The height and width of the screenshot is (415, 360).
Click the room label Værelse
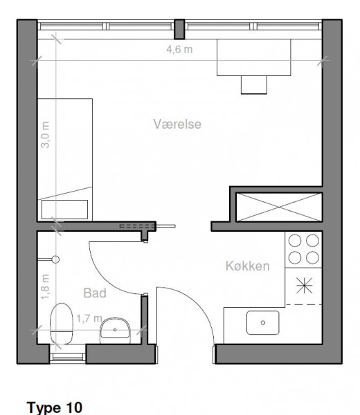click(x=177, y=124)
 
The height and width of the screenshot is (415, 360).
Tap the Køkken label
click(x=247, y=266)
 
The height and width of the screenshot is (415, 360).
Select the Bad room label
click(x=95, y=293)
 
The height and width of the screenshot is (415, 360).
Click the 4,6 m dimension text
click(x=179, y=50)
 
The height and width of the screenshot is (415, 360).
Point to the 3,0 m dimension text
click(x=45, y=135)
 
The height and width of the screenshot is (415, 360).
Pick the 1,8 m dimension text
click(x=45, y=286)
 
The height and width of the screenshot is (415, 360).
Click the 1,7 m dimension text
click(x=89, y=318)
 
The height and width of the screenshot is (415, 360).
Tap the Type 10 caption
click(x=55, y=407)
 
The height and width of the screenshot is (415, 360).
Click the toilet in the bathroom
click(x=62, y=324)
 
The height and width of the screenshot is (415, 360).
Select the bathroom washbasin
click(x=115, y=330)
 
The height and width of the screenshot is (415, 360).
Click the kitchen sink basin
click(x=263, y=322)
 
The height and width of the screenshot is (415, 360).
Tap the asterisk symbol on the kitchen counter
click(x=305, y=286)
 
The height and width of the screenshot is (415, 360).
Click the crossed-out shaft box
click(x=279, y=207)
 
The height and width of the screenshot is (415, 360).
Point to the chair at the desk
click(x=254, y=84)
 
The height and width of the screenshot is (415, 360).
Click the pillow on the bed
click(x=64, y=210)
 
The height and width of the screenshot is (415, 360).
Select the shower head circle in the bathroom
click(x=55, y=259)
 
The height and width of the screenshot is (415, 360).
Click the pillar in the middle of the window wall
click(x=179, y=29)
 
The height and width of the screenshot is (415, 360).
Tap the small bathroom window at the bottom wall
click(x=68, y=358)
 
